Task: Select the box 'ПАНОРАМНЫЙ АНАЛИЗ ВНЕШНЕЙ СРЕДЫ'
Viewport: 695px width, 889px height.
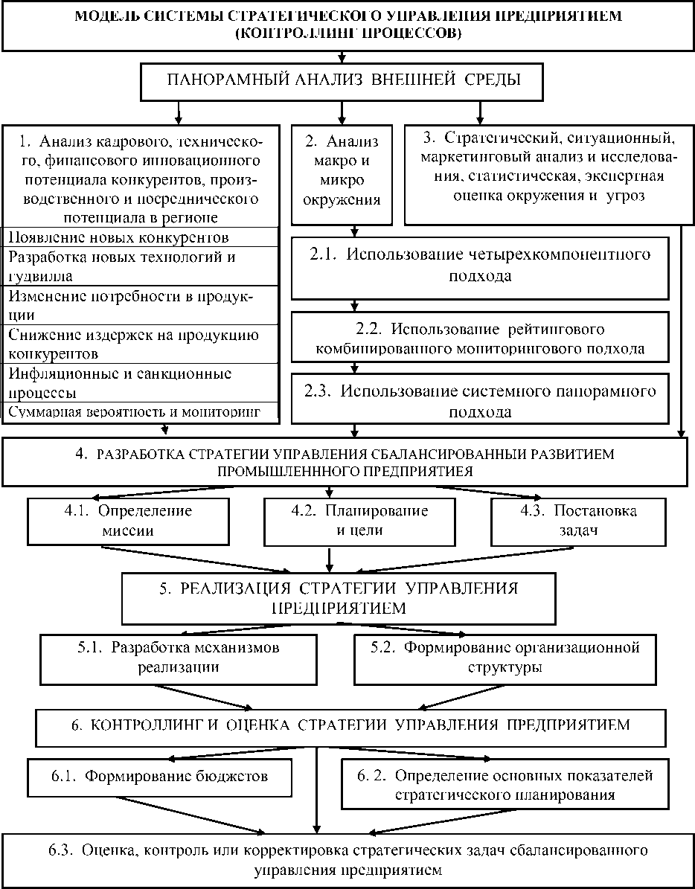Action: (342, 80)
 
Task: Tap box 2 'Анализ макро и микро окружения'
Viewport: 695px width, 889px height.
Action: (342, 171)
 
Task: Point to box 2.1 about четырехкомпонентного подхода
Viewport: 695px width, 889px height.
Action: (480, 265)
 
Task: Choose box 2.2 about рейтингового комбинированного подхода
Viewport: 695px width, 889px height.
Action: (480, 338)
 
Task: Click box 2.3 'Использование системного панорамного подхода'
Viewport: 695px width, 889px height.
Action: (480, 401)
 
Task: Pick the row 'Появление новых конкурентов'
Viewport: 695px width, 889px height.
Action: (141, 237)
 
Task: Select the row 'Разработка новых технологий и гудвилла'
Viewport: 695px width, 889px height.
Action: (141, 266)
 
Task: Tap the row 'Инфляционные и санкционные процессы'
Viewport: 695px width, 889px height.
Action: (141, 382)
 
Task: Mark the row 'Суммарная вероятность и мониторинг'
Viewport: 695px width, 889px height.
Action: (141, 413)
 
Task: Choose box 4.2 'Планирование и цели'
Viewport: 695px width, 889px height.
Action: (359, 521)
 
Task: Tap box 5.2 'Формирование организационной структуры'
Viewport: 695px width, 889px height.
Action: (506, 658)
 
